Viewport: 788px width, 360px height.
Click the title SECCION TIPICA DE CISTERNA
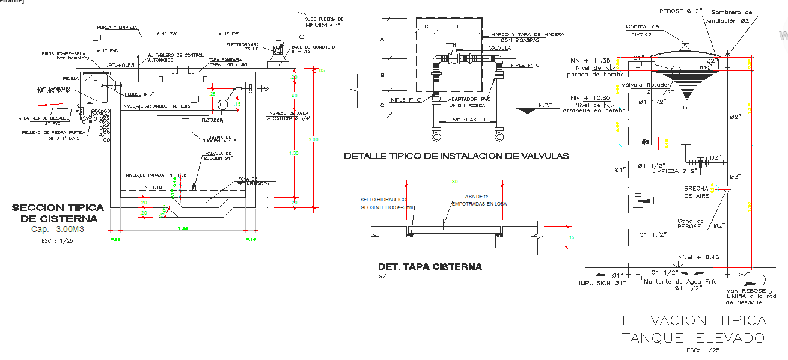58,213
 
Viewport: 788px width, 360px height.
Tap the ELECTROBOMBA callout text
242,44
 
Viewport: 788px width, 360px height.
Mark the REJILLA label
71,78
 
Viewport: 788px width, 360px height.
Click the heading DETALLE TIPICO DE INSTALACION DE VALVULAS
456,156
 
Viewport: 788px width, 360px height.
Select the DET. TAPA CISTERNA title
430,267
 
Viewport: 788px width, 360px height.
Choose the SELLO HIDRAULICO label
383,200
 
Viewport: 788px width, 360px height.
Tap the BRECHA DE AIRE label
696,192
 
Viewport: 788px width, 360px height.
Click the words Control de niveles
642,30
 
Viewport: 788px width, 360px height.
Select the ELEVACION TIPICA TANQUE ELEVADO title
694,329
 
